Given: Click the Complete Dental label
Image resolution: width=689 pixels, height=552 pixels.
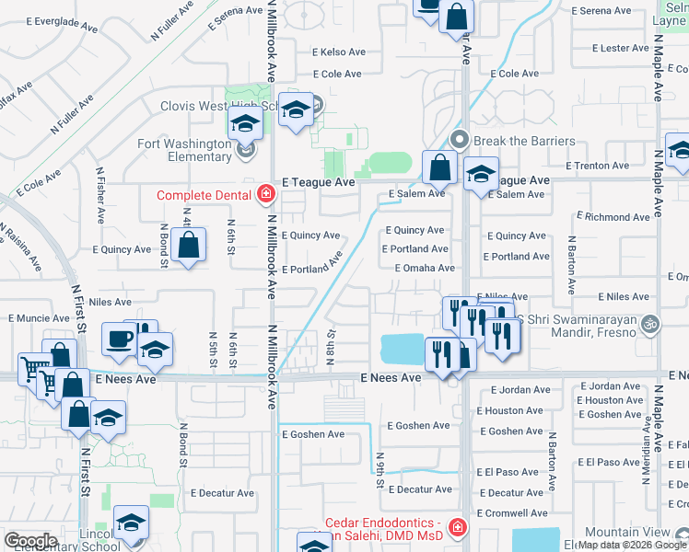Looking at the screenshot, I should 204,195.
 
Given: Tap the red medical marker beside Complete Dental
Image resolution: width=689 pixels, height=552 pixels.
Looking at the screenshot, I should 265,193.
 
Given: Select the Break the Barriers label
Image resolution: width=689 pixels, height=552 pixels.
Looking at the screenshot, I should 524,142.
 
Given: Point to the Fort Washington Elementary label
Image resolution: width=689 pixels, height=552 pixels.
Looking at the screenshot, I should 183,150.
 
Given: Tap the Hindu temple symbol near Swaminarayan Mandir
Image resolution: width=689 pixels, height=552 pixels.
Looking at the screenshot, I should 650,325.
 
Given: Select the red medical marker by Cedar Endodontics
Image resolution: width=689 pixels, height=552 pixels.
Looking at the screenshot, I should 458,528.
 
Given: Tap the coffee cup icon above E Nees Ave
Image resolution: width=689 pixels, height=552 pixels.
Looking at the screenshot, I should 118,339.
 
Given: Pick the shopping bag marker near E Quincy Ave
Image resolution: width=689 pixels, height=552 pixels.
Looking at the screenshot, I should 188,246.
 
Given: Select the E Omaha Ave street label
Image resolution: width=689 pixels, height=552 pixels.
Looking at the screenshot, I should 425,268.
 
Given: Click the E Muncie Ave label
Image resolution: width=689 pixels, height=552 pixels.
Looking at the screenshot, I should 39,318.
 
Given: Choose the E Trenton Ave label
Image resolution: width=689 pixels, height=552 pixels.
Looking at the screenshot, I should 597,166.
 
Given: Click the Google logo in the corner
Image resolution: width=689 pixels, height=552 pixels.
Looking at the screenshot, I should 30,540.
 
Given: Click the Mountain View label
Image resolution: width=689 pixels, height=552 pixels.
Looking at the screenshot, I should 643,533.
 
